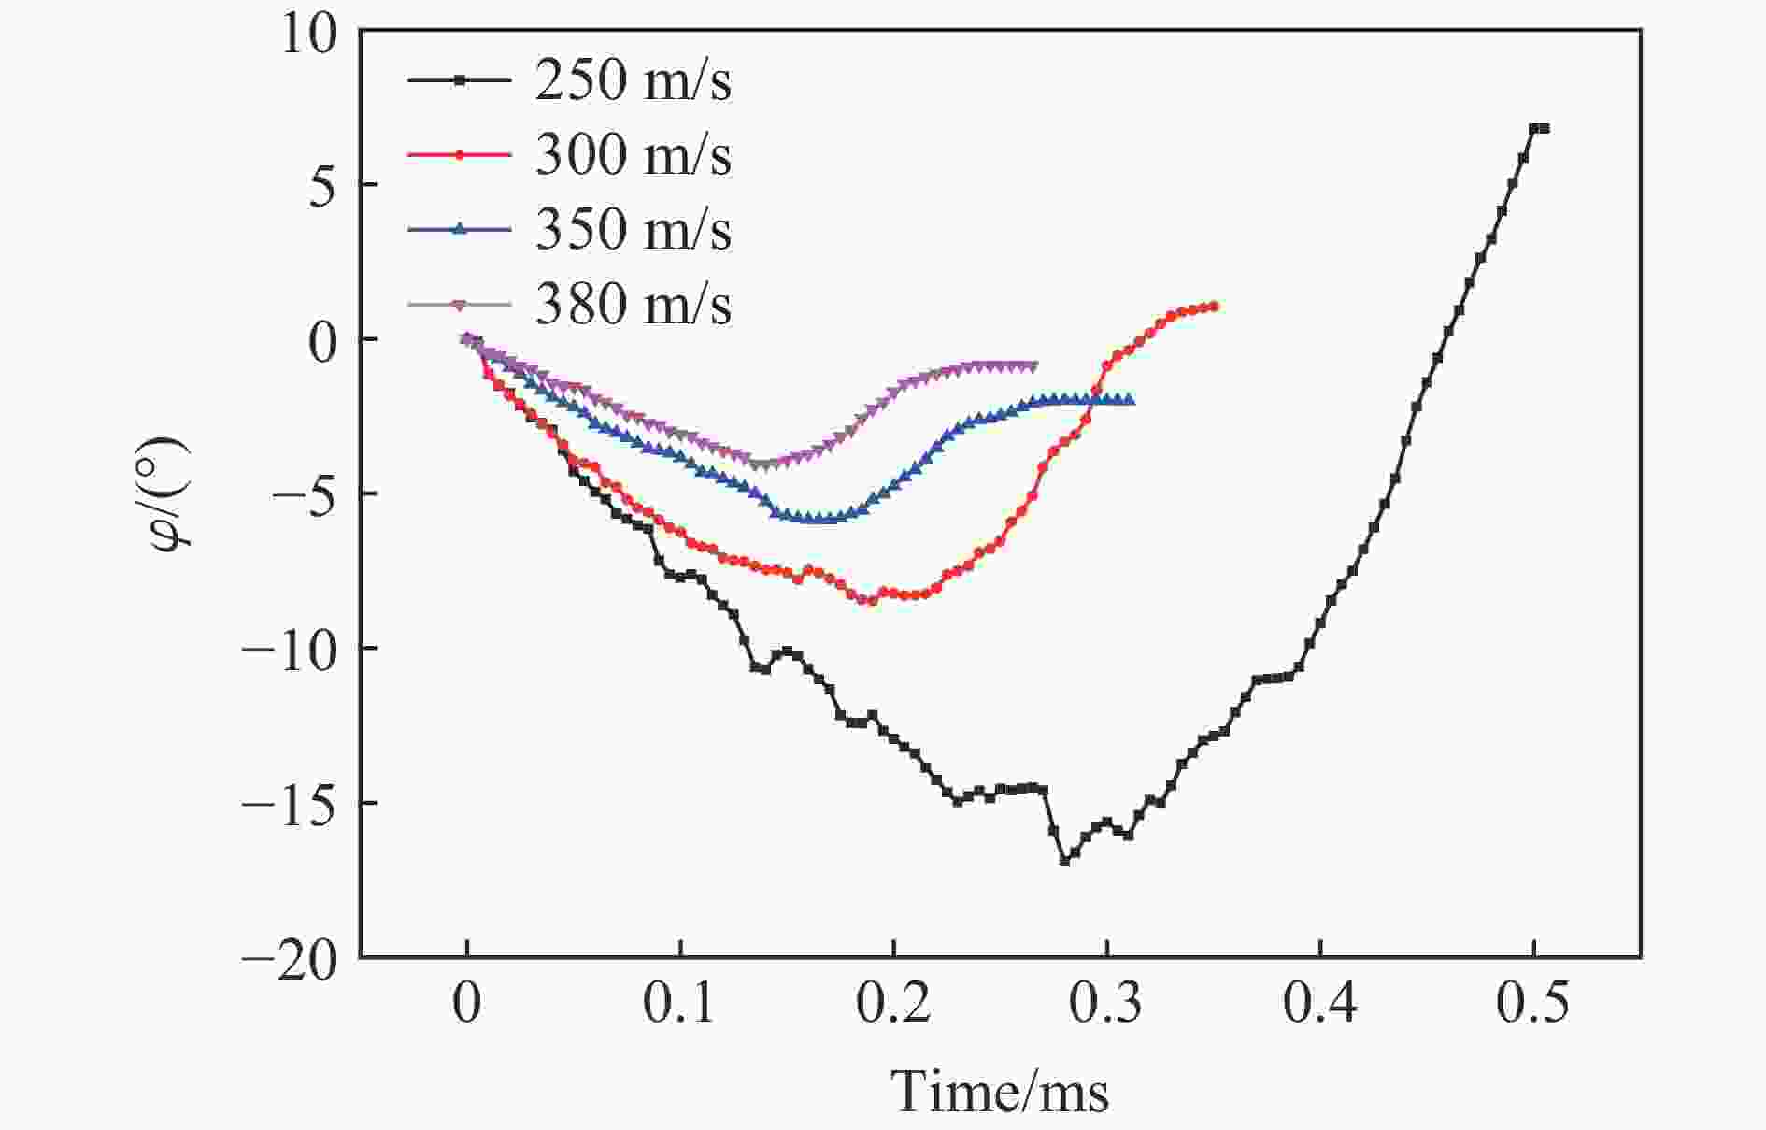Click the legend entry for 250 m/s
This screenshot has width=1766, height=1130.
[633, 80]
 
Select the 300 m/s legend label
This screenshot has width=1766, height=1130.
[633, 155]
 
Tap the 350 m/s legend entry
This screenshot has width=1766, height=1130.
[633, 230]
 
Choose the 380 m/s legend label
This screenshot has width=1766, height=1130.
[633, 305]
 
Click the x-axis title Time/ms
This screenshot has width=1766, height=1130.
[1000, 1092]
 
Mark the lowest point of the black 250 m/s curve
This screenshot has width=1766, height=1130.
[1064, 860]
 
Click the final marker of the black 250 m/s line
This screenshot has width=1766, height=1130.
[1544, 128]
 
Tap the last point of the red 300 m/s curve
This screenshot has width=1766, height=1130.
[1213, 307]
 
